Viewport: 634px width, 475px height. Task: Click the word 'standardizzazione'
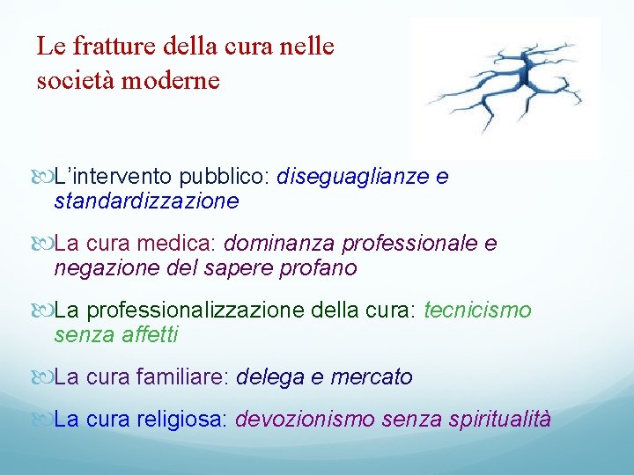(x=146, y=201)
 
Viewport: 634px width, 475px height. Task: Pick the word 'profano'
(x=322, y=268)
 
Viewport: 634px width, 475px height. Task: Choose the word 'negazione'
(x=98, y=268)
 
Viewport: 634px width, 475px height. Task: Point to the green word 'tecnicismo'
(x=478, y=311)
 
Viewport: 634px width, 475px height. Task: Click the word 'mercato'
(x=372, y=377)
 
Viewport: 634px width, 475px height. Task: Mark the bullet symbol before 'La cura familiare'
(x=46, y=378)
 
